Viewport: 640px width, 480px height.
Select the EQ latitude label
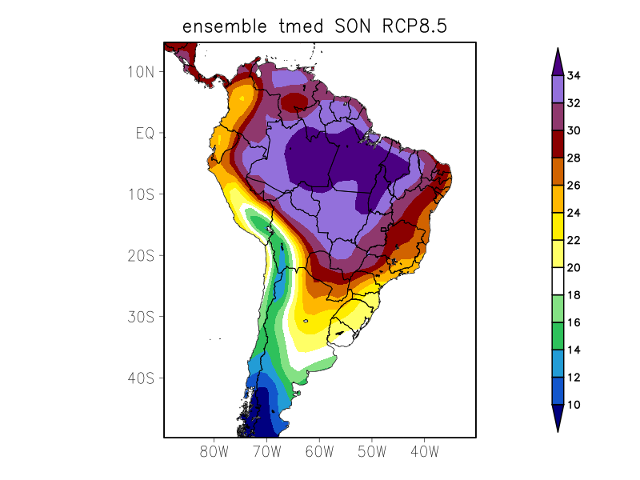[x=145, y=133]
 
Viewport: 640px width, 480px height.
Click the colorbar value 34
[x=574, y=76]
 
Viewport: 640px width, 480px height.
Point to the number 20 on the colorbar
[x=574, y=268]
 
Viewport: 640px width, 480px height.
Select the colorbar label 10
[x=574, y=405]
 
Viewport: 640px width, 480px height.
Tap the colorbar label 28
[x=574, y=158]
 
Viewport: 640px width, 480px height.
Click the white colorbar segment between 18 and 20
[x=558, y=282]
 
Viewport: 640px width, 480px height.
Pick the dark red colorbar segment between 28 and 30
[x=558, y=145]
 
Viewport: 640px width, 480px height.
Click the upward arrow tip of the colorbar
[x=558, y=50]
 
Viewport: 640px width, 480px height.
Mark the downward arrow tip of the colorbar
[x=558, y=430]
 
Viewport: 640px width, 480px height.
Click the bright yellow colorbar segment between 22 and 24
[x=558, y=226]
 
